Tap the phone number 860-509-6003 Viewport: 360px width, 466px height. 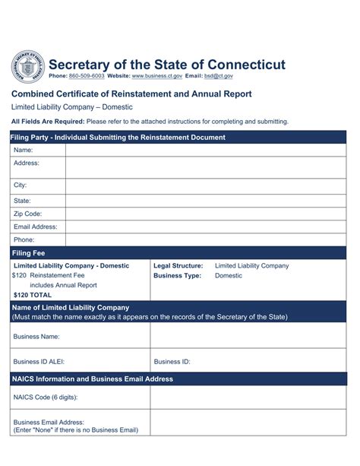pyautogui.click(x=87, y=77)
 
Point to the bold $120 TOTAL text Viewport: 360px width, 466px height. pyautogui.click(x=33, y=294)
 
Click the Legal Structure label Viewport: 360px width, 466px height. pyautogui.click(x=178, y=266)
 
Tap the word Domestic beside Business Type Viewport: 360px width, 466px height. pyautogui.click(x=229, y=275)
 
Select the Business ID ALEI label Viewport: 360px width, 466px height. pyautogui.click(x=42, y=362)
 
